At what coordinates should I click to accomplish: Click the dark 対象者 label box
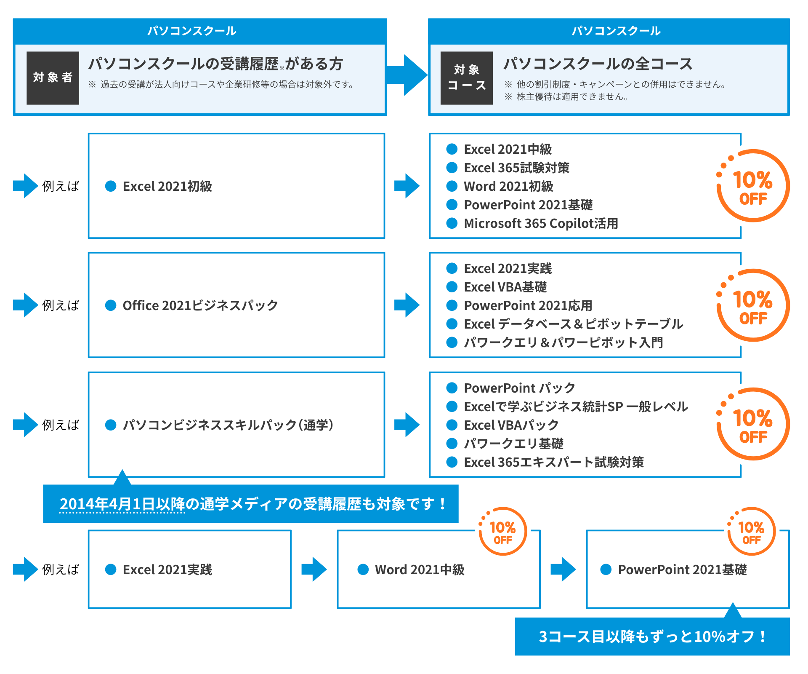click(53, 78)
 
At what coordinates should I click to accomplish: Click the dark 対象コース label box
click(466, 78)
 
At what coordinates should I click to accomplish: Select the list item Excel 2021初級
click(167, 186)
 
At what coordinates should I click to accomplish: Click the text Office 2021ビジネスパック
click(200, 305)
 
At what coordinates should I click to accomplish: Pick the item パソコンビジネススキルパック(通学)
click(228, 425)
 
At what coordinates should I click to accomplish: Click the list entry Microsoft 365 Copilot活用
click(540, 223)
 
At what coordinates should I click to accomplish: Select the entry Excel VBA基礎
click(505, 287)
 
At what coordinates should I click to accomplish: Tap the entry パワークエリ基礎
click(513, 444)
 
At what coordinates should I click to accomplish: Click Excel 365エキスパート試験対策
click(553, 462)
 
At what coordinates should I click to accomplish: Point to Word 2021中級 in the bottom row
click(420, 570)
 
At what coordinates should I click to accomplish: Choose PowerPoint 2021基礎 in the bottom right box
click(682, 570)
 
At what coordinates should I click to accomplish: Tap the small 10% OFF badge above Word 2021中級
click(502, 532)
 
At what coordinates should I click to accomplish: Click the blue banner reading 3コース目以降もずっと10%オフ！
click(652, 637)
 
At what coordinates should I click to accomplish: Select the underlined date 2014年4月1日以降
click(122, 504)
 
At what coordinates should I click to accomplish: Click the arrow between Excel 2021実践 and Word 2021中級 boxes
click(314, 570)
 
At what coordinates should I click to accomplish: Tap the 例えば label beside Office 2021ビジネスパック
click(61, 305)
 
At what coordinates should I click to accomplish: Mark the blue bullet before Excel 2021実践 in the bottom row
click(111, 570)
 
